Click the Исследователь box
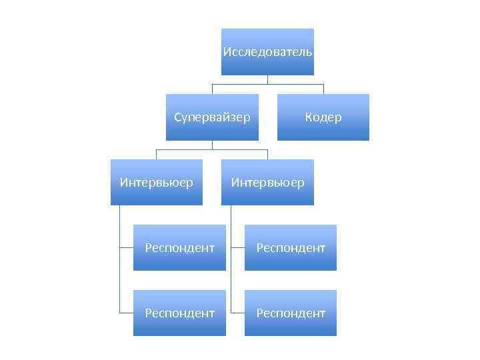click(x=267, y=52)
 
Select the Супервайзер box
click(x=212, y=117)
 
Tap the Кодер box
click(x=323, y=117)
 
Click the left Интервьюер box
click(x=157, y=182)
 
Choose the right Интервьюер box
click(x=267, y=182)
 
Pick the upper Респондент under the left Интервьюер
click(x=179, y=247)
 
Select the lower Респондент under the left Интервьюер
click(x=179, y=313)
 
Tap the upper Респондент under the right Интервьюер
click(x=291, y=247)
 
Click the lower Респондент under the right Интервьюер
click(x=291, y=313)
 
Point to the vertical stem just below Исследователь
click(x=267, y=79)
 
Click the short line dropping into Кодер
click(x=323, y=89)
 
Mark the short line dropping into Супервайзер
click(x=212, y=89)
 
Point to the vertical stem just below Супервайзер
click(x=212, y=145)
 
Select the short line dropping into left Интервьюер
click(x=157, y=154)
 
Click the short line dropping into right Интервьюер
click(x=267, y=154)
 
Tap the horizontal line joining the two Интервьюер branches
click(x=212, y=149)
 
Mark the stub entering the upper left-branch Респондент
click(x=127, y=247)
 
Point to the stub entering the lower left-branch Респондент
click(x=127, y=313)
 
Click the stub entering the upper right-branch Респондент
click(x=238, y=247)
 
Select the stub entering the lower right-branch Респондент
click(x=238, y=313)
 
